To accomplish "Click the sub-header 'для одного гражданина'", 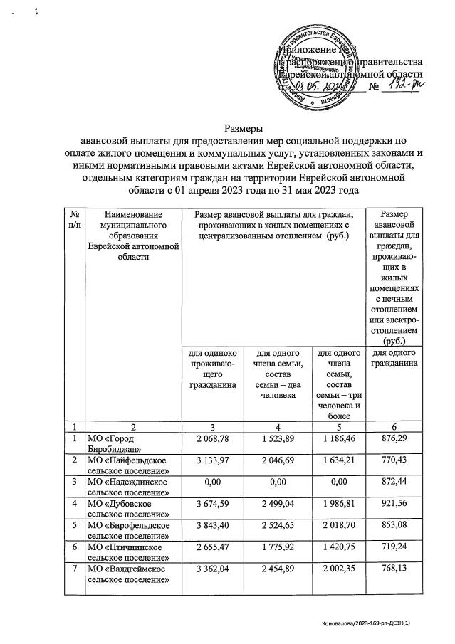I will point(394,359).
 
